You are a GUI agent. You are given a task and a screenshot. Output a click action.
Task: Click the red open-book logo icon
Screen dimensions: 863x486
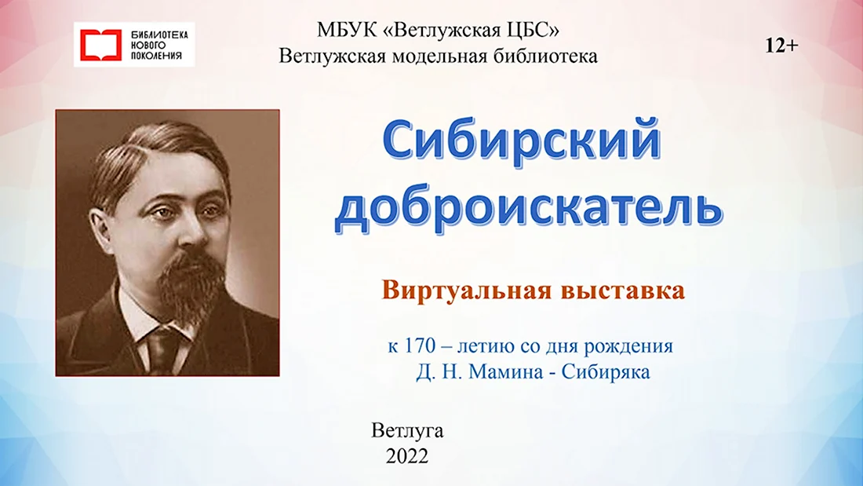coord(100,45)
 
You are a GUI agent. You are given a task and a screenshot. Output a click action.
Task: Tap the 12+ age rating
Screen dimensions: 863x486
coord(781,46)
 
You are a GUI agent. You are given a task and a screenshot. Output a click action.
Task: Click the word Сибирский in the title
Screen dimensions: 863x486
coord(521,140)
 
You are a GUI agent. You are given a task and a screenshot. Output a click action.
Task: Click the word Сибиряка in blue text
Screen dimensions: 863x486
coord(606,372)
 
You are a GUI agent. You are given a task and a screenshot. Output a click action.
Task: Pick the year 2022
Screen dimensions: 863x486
coord(407,456)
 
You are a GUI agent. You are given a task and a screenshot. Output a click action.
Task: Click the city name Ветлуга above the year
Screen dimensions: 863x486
coord(407,430)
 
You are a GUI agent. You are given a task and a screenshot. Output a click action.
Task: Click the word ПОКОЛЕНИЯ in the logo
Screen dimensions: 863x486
coord(156,56)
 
